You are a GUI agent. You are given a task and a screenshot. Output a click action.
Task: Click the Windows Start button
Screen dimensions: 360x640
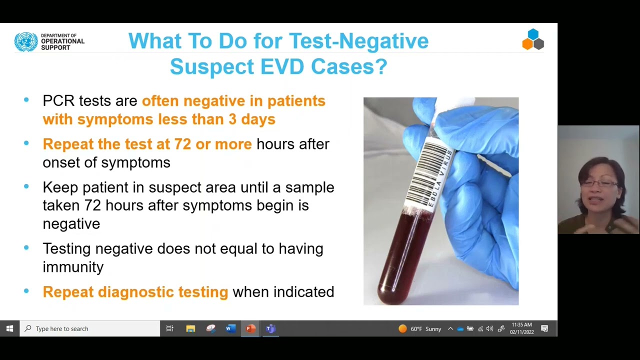9,328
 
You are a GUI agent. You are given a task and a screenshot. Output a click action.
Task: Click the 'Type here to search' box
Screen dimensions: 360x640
90,328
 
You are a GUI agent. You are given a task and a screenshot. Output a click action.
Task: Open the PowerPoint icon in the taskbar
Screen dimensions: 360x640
250,328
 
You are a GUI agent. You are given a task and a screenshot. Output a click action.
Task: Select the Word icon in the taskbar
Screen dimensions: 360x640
230,328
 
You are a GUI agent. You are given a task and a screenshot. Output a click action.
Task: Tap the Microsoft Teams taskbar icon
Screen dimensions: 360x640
270,328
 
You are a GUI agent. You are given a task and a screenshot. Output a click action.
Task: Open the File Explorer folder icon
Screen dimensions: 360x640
190,328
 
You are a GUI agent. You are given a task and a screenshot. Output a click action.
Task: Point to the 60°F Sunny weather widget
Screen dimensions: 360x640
420,328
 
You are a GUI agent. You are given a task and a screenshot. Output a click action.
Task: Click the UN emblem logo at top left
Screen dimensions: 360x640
26,42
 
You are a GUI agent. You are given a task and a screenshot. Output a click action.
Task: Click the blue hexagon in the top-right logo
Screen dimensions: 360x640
533,34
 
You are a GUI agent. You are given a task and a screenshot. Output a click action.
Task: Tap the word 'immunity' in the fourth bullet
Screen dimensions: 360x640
73,267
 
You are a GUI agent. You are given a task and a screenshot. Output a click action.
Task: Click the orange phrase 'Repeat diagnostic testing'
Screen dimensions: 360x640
135,292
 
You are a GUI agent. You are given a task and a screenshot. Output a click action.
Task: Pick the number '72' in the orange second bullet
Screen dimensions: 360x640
182,144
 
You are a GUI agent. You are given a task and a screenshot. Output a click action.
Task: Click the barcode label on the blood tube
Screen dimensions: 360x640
432,175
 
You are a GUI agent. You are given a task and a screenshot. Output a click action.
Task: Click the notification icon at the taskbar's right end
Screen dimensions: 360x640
544,328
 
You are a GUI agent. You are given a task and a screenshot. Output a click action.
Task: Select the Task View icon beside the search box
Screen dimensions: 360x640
170,328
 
